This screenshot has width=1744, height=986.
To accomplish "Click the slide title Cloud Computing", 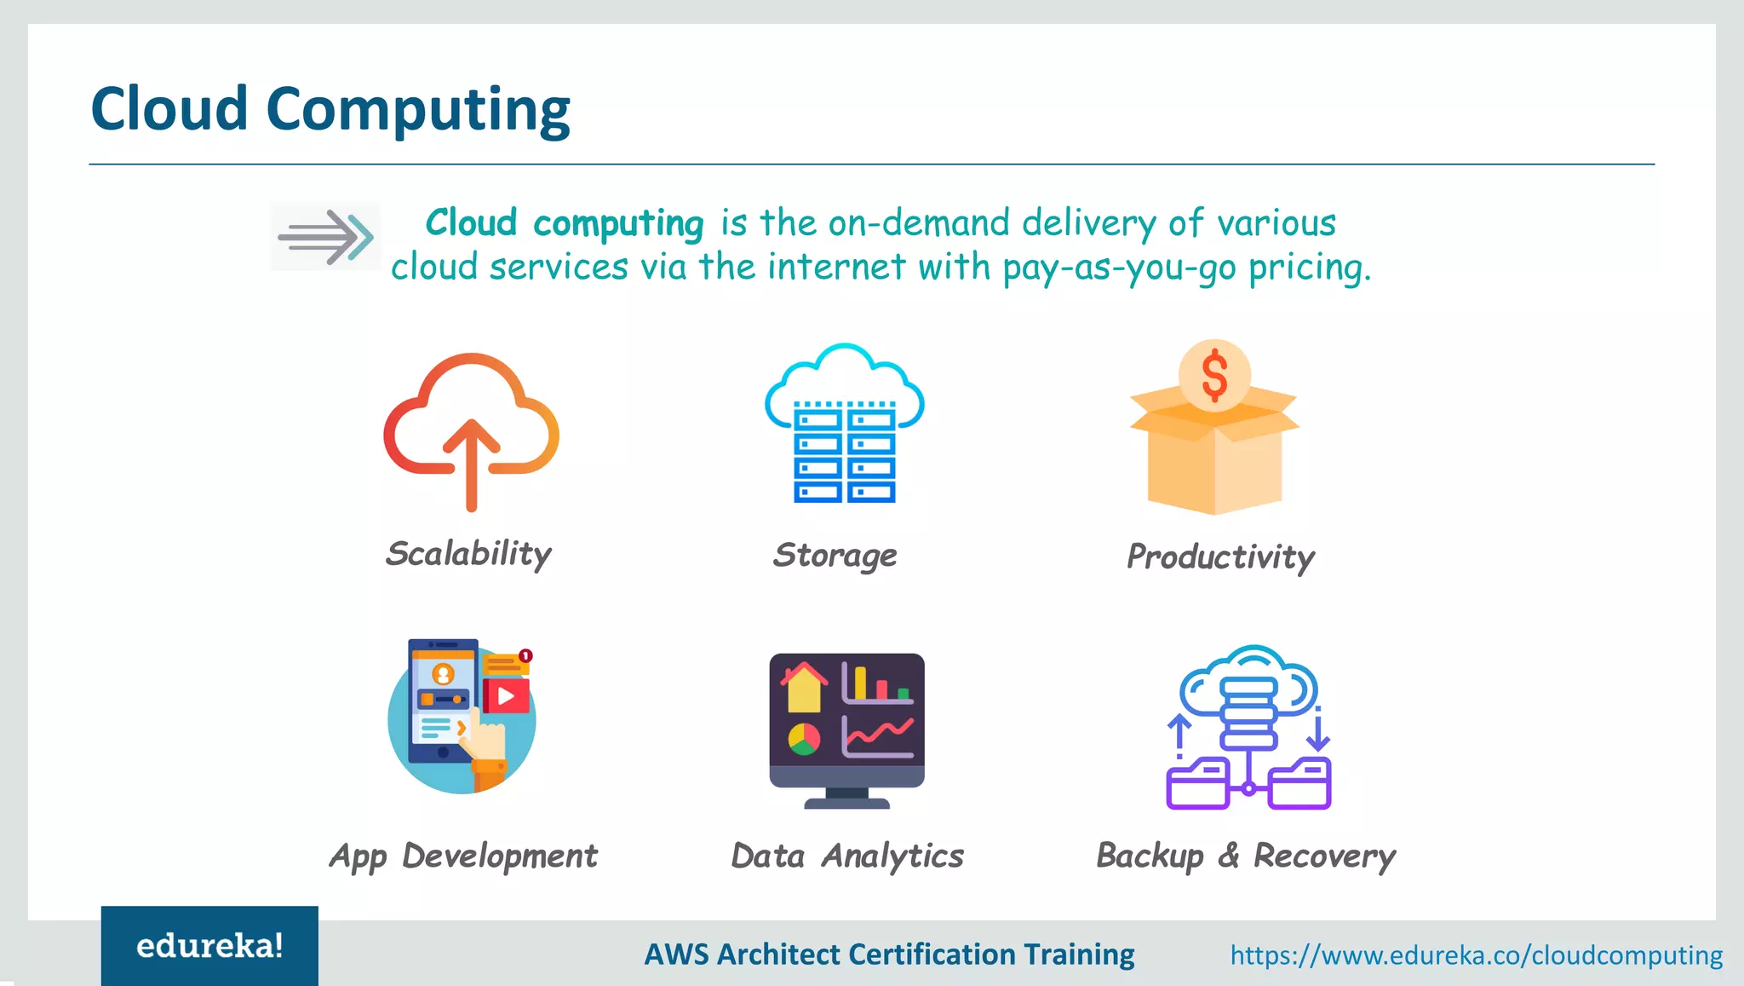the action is tap(330, 110).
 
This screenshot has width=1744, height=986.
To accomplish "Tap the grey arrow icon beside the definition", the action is tap(325, 236).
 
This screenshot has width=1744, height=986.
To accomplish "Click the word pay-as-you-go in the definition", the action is tap(1119, 268).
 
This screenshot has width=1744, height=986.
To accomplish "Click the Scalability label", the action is tap(468, 555).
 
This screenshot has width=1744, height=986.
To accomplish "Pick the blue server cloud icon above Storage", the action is tap(844, 424).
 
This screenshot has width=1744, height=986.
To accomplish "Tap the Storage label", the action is tap(835, 556).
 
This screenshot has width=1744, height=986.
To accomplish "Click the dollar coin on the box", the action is tap(1214, 375).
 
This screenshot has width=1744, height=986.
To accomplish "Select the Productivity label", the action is tap(1220, 557).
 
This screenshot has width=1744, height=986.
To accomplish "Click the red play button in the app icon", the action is tap(506, 696).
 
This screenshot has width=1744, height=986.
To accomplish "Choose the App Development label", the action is tap(463, 856).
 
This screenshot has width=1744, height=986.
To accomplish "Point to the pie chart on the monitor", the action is tap(804, 739).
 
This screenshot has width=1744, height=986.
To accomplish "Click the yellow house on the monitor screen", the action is tap(804, 689).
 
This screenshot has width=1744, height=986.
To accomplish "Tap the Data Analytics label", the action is tap(847, 856).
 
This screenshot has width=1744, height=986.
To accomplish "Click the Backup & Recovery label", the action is tap(1245, 856).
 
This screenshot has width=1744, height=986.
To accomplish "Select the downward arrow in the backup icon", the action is tap(1318, 731).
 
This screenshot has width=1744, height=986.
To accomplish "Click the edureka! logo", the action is tap(209, 946).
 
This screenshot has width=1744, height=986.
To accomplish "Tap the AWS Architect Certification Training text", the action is tap(889, 954).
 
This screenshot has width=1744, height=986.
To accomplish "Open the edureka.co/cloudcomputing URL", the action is tap(1476, 955).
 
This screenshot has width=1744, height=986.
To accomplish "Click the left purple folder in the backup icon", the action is tap(1196, 784).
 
